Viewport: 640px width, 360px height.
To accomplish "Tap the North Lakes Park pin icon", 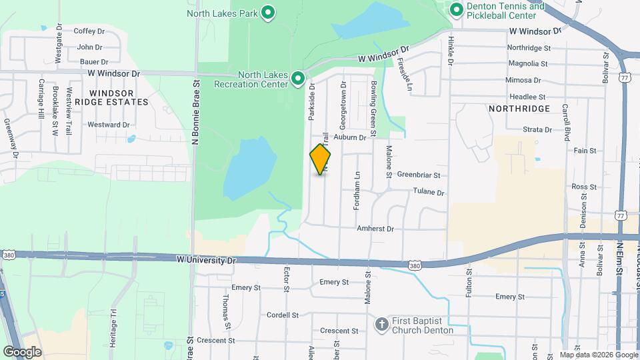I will click(268, 13).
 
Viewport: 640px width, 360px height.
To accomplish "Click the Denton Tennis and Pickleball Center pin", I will click(457, 9).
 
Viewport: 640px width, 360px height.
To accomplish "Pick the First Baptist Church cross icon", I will click(381, 325).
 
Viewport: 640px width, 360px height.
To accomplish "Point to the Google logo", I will click(22, 351).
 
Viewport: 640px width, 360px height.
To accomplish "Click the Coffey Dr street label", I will click(89, 31).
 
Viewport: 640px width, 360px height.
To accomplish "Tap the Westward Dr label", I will click(108, 125).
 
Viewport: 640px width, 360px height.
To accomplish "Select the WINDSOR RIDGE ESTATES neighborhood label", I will click(111, 97).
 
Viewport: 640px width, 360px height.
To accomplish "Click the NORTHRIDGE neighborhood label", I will click(519, 108).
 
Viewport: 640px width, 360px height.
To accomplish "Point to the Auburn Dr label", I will click(351, 137).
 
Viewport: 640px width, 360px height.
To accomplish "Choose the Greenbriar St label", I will click(419, 175).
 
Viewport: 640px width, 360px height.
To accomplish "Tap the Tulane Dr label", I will click(430, 192).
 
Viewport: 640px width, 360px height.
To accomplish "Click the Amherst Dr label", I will click(375, 229).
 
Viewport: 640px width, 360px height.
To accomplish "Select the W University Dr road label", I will click(206, 259).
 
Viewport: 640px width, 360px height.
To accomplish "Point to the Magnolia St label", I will click(528, 64).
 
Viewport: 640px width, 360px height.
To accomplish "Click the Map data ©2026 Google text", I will click(597, 355).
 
